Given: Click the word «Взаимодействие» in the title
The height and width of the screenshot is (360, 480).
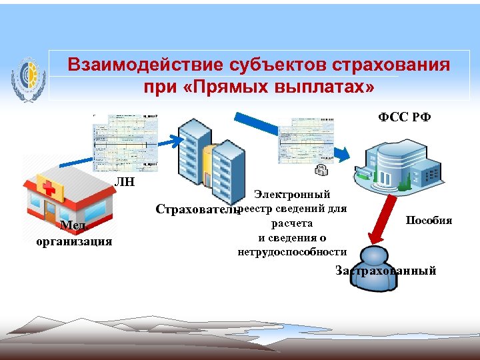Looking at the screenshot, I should click(x=143, y=66).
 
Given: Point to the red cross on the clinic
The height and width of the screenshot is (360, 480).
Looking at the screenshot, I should click(x=47, y=187).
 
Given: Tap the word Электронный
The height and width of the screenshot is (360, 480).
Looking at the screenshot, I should click(x=292, y=195).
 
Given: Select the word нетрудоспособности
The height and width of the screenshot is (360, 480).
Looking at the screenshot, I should click(x=292, y=251).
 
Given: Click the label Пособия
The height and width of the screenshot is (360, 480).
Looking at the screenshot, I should click(x=429, y=220).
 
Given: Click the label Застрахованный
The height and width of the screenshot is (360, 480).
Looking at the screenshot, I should click(x=386, y=271).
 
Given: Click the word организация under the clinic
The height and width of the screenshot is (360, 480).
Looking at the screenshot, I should click(x=74, y=241).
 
